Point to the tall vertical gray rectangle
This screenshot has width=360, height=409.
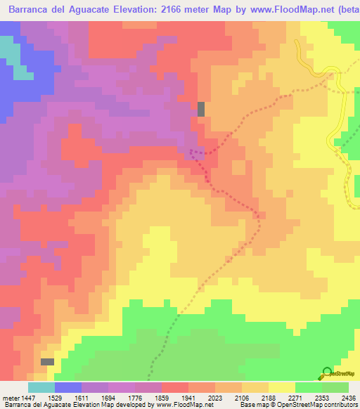coord(201,109)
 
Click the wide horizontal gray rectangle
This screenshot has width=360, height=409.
coord(47,361)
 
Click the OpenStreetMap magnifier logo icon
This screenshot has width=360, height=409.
coord(326,372)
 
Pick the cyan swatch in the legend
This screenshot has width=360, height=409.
coord(41,387)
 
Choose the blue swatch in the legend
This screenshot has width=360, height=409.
coord(68,387)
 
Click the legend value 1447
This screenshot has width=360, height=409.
coord(31,396)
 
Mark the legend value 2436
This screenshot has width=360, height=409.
coord(349,396)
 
